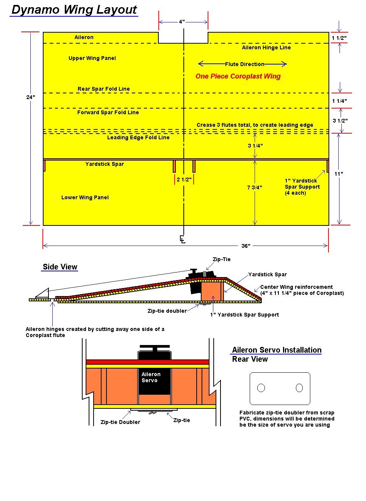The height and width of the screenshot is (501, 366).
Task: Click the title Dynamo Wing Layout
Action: (74, 9)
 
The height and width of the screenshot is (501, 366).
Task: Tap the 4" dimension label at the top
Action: (182, 22)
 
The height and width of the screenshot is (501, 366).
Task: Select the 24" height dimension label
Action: (31, 97)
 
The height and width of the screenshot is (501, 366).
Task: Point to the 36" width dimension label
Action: (246, 246)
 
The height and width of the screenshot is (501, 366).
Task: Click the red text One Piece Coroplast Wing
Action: (238, 76)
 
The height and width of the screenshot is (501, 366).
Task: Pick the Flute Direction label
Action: (244, 64)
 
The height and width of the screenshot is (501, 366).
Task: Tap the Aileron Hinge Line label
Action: (266, 47)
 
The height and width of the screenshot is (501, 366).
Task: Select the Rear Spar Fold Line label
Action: (103, 89)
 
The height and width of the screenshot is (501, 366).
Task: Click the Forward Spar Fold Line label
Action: (108, 112)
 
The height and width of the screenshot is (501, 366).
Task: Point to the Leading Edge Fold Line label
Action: (138, 137)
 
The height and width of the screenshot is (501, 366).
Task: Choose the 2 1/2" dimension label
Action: (184, 180)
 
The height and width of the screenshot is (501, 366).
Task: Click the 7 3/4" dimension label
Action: (255, 187)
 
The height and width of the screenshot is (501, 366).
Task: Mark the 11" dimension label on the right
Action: (339, 174)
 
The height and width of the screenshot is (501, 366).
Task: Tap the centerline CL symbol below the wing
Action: (183, 239)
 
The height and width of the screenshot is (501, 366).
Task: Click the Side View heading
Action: (60, 267)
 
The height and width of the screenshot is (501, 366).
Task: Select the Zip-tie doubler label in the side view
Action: (167, 311)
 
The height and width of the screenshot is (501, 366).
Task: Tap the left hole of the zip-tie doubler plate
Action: (261, 388)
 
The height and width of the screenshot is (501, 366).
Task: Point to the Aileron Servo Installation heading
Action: (277, 350)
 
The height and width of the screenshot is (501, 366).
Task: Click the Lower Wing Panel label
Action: (85, 197)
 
